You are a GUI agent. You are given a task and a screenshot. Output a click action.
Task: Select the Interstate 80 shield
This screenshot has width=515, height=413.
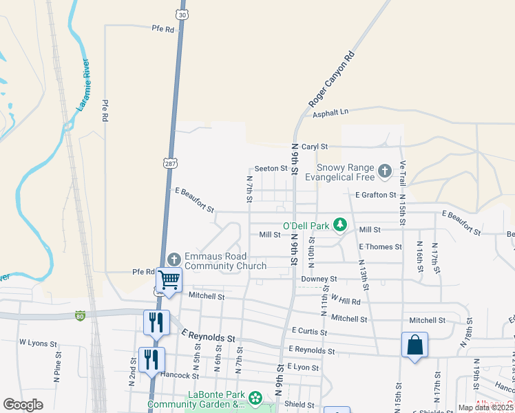click(80, 315)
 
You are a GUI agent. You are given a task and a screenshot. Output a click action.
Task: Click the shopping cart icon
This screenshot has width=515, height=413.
click(169, 279)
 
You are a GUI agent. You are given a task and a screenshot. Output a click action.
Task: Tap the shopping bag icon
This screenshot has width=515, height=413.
click(415, 344)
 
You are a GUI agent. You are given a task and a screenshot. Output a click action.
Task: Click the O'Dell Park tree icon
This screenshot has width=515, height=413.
click(339, 224)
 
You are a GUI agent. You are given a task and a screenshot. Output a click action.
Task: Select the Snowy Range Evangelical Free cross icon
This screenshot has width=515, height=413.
click(385, 169)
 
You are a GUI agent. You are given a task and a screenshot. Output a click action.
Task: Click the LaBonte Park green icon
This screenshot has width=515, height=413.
click(255, 398)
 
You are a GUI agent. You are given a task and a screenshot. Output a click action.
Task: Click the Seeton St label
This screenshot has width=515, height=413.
click(271, 168)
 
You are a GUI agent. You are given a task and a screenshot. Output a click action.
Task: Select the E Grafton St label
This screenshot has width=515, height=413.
click(375, 195)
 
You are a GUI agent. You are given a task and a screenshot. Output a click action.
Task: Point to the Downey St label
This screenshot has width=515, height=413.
click(319, 279)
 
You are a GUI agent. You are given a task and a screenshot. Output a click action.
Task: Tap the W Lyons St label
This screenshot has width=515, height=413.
click(34, 341)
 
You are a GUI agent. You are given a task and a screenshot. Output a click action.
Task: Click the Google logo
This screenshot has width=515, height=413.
click(23, 404)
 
